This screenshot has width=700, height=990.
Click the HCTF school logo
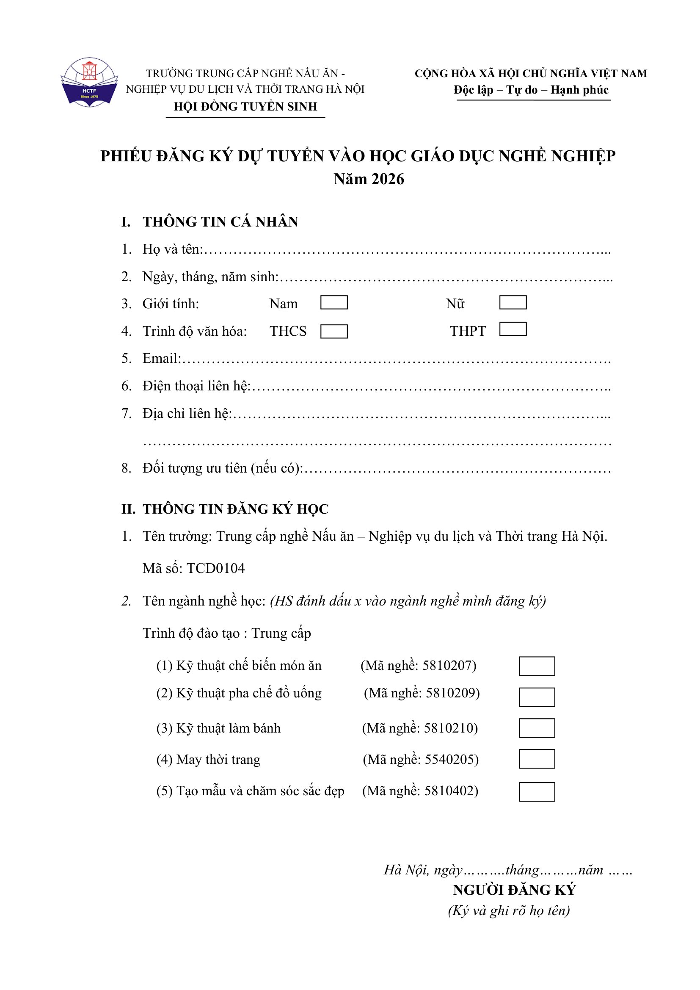pyautogui.click(x=89, y=82)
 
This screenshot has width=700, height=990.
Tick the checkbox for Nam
pyautogui.click(x=334, y=302)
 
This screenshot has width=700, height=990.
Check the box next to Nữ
pyautogui.click(x=513, y=302)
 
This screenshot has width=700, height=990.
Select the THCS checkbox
pyautogui.click(x=334, y=331)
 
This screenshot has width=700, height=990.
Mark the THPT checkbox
pyautogui.click(x=513, y=329)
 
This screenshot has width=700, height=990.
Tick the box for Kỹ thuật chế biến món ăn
pyautogui.click(x=537, y=666)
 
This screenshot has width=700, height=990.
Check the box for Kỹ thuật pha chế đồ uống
pyautogui.click(x=537, y=697)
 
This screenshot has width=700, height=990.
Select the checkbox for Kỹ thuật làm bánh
pyautogui.click(x=537, y=728)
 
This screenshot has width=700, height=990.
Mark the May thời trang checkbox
pyautogui.click(x=537, y=759)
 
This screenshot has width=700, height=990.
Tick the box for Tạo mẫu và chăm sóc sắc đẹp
pyautogui.click(x=537, y=792)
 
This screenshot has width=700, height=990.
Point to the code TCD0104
pyautogui.click(x=215, y=568)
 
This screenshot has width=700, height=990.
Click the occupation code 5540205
pyautogui.click(x=451, y=759)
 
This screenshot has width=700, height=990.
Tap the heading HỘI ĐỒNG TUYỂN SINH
pyautogui.click(x=245, y=107)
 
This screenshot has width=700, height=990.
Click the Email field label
pyautogui.click(x=162, y=358)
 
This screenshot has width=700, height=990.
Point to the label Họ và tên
pyautogui.click(x=172, y=249)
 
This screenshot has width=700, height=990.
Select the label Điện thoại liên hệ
pyautogui.click(x=196, y=386)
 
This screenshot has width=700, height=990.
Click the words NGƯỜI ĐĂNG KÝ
pyautogui.click(x=514, y=890)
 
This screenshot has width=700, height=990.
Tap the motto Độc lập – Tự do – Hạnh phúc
pyautogui.click(x=531, y=90)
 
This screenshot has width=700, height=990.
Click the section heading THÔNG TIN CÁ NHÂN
pyautogui.click(x=220, y=221)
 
